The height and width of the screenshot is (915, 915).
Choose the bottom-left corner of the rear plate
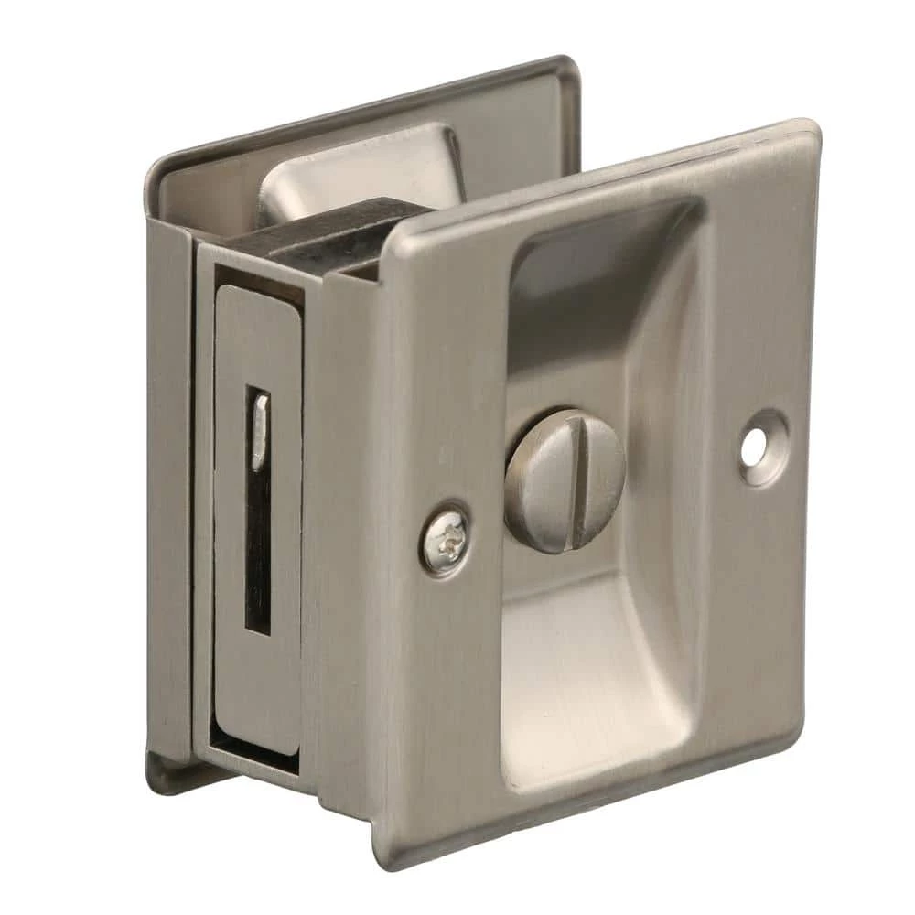(x=156, y=778)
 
